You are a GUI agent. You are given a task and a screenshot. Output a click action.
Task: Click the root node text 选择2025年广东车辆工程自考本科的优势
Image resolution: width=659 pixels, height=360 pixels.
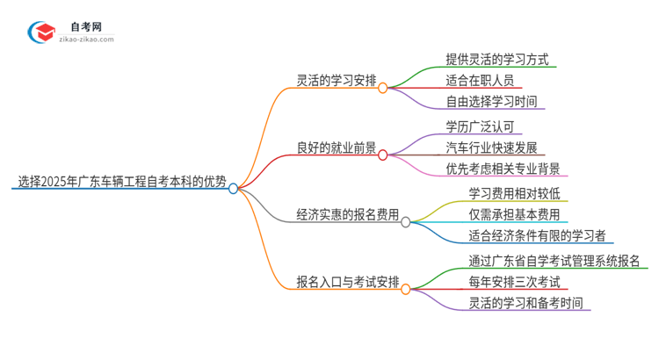[122, 183]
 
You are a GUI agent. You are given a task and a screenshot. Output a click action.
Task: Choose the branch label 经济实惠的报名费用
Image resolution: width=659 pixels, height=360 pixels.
[347, 214]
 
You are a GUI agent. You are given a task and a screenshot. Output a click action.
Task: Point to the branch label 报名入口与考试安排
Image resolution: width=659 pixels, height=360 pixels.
[347, 282]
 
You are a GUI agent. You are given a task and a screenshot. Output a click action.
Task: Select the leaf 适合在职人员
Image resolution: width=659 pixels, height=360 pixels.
[480, 81]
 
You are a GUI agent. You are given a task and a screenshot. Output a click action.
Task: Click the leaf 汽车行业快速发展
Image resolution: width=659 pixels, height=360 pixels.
[491, 148]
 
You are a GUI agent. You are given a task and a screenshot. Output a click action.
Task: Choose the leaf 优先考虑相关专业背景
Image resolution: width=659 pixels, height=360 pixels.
[503, 169]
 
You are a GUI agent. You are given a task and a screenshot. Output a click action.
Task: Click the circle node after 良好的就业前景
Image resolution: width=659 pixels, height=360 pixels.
[383, 155]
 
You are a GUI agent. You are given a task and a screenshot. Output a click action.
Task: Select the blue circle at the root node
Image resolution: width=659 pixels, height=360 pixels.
[234, 188]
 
